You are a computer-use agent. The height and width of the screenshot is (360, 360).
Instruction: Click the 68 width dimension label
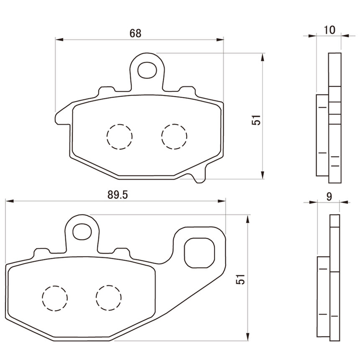135,33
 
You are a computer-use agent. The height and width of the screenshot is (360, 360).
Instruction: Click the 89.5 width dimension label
118,195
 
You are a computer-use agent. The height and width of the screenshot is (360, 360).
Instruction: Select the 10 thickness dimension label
329,30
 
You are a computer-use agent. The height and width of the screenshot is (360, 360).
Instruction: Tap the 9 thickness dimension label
329,196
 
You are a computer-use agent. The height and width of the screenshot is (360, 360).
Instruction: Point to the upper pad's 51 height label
256,120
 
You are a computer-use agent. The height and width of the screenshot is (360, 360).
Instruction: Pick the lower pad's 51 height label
241,279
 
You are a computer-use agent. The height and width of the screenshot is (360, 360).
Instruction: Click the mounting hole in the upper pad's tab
147,70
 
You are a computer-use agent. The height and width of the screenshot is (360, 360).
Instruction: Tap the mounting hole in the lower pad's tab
82,231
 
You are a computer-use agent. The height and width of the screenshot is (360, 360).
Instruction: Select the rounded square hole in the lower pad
200,253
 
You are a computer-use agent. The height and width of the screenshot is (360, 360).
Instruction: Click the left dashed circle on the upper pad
119,137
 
